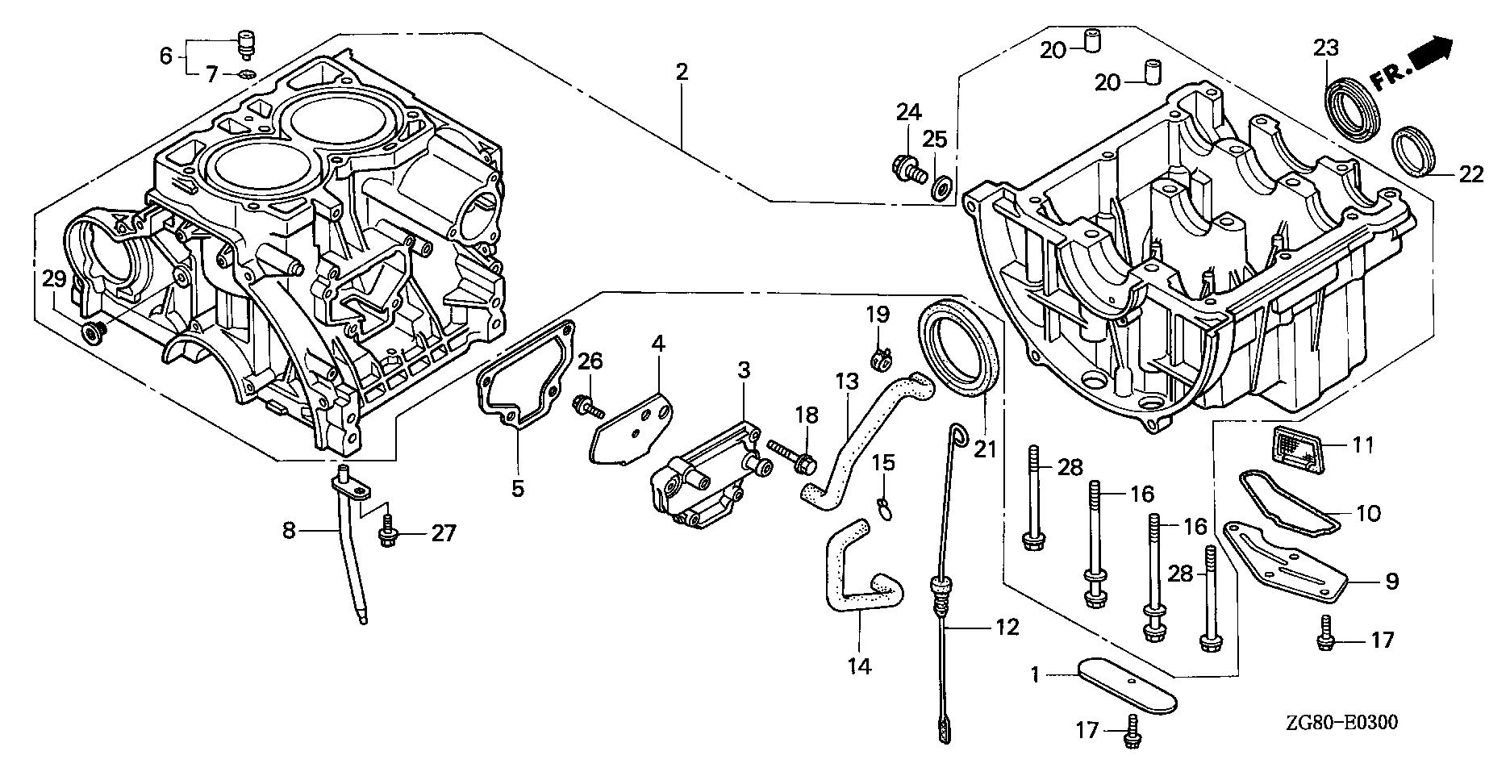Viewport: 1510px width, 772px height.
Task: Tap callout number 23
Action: (1327, 48)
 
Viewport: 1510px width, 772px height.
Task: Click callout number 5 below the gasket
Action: (517, 488)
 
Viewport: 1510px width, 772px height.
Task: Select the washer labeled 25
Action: (941, 190)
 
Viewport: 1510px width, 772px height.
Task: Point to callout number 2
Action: (682, 72)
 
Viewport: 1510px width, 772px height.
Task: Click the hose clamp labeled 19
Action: (882, 356)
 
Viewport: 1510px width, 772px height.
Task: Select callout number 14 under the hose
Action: (860, 666)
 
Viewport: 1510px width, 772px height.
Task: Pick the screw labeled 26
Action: (586, 406)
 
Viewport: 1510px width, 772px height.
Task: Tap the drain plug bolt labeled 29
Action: (93, 331)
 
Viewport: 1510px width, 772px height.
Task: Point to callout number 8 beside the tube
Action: (290, 532)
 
